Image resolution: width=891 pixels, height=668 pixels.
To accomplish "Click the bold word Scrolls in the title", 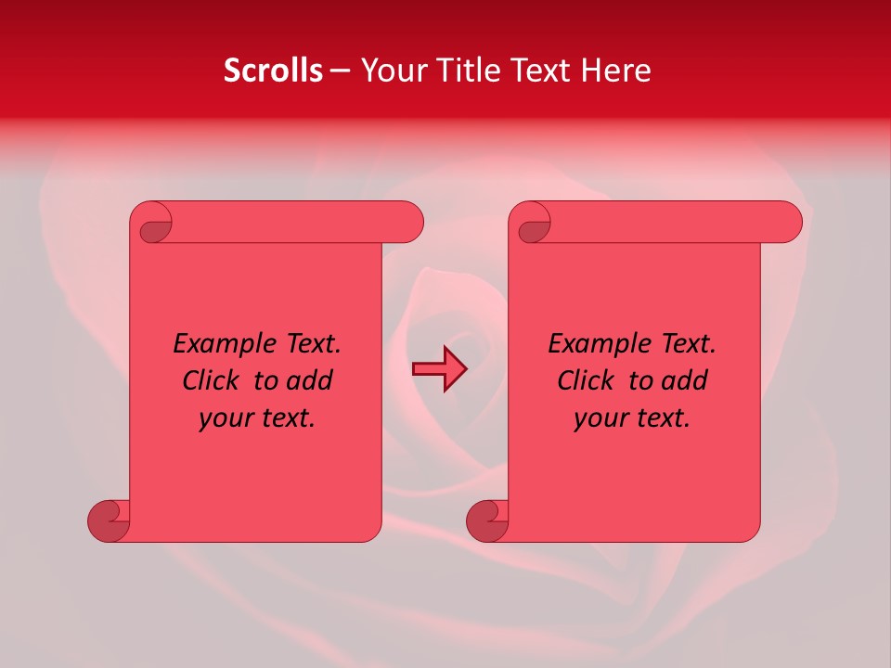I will point(273,71).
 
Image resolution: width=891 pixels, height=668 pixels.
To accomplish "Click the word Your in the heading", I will point(389,71).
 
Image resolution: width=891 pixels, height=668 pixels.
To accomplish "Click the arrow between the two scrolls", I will point(439,369).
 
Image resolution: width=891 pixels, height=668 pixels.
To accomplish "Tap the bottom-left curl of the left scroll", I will point(108,520).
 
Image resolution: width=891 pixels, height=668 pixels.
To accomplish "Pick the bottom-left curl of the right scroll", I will point(486,520).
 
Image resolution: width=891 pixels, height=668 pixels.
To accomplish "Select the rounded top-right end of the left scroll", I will point(408,223).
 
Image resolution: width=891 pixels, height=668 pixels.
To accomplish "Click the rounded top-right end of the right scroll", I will point(787,223).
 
